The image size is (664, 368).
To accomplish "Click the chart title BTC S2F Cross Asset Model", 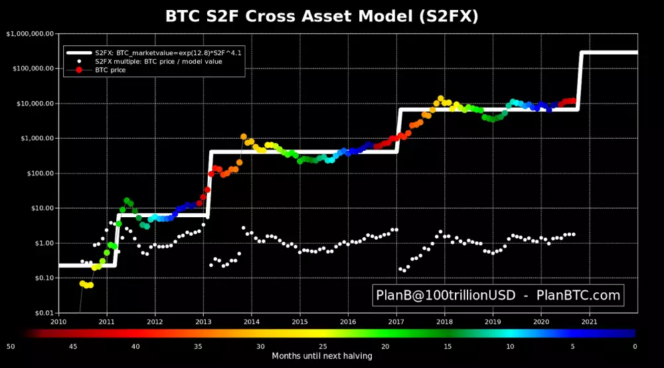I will coord(322,16).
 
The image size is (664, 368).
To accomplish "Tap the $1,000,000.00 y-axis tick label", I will coord(31,34).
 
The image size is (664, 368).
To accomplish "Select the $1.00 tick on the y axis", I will coord(40,243).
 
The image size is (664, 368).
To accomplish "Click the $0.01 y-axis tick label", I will coord(40,313).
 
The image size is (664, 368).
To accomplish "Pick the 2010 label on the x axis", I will coord(58,322).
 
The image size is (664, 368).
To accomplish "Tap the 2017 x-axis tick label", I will coord(396,322).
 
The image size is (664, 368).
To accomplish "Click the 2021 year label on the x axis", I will coord(589,322).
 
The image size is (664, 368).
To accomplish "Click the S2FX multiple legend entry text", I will coord(159,61).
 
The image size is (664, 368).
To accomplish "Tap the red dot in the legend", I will coord(79,70).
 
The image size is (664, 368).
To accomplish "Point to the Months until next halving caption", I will coord(322,356).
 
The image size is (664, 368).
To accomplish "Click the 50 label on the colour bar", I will coord(11,346).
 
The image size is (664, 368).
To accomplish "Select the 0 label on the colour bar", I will coord(635,346).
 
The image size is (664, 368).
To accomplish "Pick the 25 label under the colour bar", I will coord(323,346).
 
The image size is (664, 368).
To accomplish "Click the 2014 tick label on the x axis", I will coord(252,322).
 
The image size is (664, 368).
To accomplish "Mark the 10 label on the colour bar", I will coord(510,346).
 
